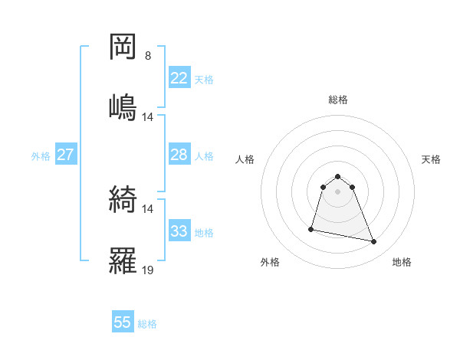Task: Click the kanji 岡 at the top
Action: coord(123,47)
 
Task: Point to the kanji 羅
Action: coord(123,260)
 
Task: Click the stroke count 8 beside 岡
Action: coord(148,56)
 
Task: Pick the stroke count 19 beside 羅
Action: coord(148,270)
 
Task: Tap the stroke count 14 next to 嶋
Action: coord(148,117)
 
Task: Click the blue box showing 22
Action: coord(179,78)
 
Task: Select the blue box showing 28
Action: coord(179,155)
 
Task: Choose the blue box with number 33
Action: coord(179,231)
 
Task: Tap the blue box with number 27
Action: coord(65,155)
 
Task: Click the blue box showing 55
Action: coord(123,322)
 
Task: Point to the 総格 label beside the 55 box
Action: coord(147,324)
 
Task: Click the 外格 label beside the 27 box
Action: coord(41,156)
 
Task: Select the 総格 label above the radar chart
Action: coord(338,100)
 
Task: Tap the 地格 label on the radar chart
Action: coord(402,262)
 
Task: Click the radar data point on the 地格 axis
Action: coord(374,242)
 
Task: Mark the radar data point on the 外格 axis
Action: coord(311,228)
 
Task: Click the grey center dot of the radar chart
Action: coord(338,191)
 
